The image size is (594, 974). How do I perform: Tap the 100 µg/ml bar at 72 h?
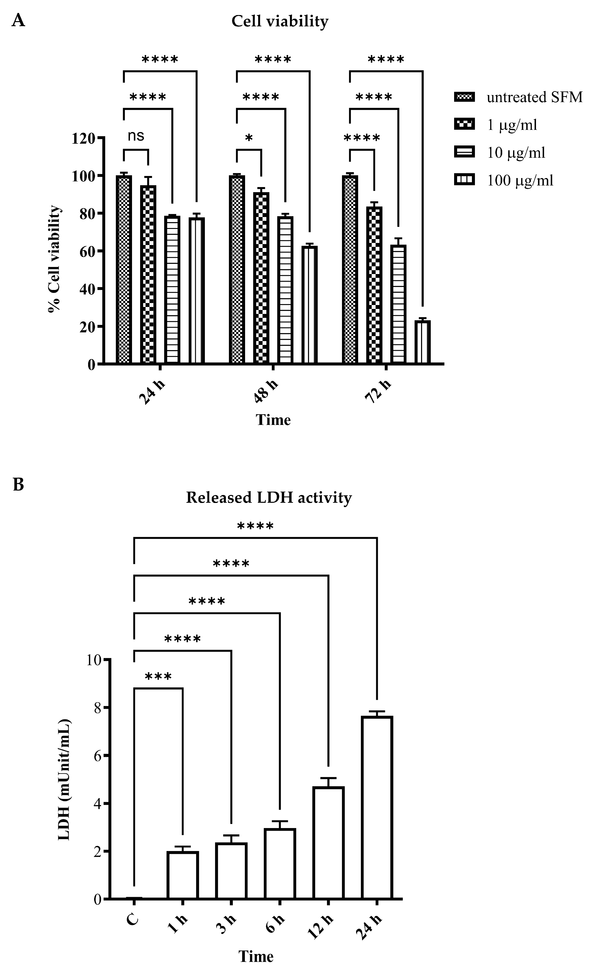422,342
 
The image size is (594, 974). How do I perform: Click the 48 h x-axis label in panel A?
266,391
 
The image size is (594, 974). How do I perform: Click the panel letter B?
18,485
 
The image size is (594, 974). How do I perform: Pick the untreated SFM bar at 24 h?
124,270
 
